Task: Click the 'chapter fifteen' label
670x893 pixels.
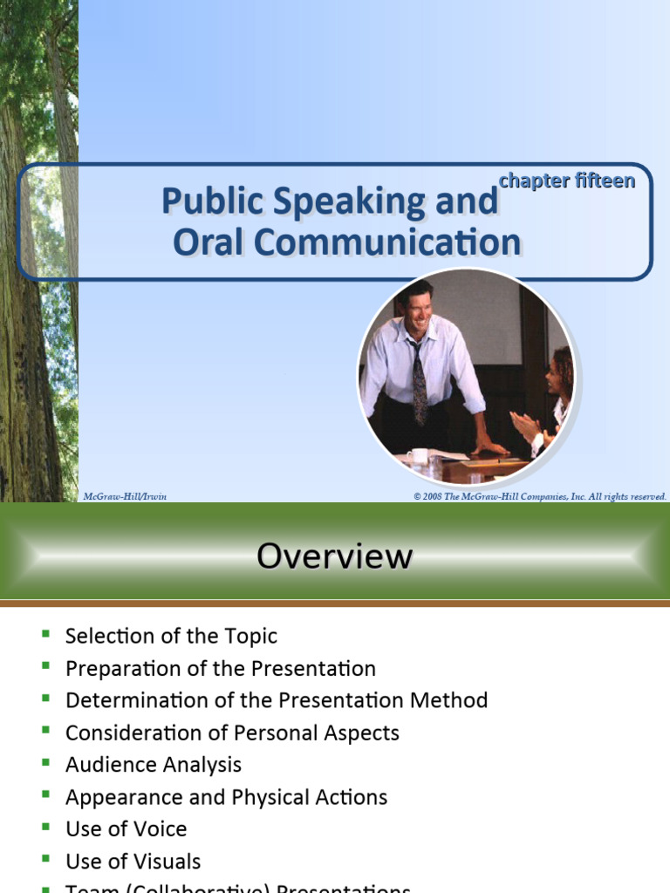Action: pyautogui.click(x=566, y=181)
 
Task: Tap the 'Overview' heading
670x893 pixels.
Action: pyautogui.click(x=334, y=556)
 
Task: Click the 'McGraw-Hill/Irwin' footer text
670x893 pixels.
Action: pyautogui.click(x=125, y=496)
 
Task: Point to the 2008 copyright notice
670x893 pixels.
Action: pyautogui.click(x=540, y=496)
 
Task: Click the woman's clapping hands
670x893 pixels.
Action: pyautogui.click(x=526, y=427)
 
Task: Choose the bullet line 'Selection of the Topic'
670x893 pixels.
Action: pyautogui.click(x=171, y=636)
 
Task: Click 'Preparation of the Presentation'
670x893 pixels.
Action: pyautogui.click(x=221, y=669)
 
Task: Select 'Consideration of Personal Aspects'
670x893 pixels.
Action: pyautogui.click(x=232, y=733)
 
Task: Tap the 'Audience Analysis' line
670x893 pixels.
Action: pyautogui.click(x=154, y=765)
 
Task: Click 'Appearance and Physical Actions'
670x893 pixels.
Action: pyautogui.click(x=226, y=797)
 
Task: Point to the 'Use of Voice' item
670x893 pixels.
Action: pyautogui.click(x=126, y=828)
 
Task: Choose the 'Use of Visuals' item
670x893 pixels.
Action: pyautogui.click(x=133, y=862)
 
